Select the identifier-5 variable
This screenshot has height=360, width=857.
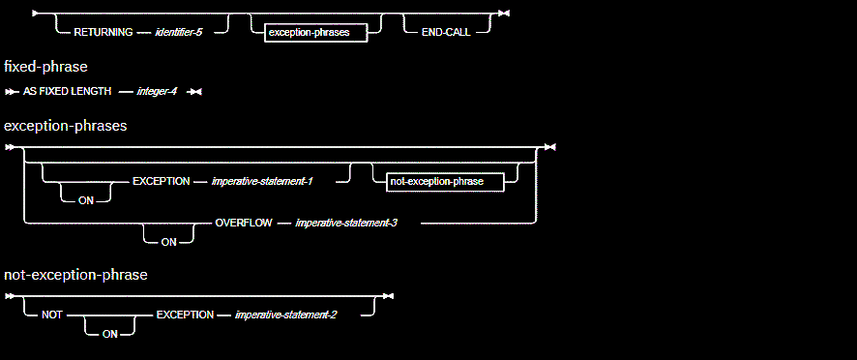(x=179, y=32)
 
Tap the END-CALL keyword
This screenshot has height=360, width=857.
(x=446, y=32)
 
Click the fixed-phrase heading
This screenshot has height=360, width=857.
(x=45, y=67)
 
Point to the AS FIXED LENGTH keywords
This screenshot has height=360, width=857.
(x=67, y=91)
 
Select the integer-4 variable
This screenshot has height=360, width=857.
(x=158, y=91)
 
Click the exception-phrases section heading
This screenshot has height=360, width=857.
(x=66, y=126)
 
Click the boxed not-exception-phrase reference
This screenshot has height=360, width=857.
(x=444, y=181)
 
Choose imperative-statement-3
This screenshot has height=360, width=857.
(x=346, y=223)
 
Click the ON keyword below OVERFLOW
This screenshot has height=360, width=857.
(x=168, y=242)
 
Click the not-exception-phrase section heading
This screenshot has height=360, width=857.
(x=75, y=275)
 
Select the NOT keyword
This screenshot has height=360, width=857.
(x=52, y=315)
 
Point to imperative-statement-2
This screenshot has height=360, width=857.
(x=286, y=315)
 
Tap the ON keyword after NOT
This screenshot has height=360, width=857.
(x=109, y=334)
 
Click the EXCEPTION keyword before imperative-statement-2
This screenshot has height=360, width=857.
(x=185, y=315)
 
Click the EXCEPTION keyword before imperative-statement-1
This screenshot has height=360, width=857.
(x=161, y=181)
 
